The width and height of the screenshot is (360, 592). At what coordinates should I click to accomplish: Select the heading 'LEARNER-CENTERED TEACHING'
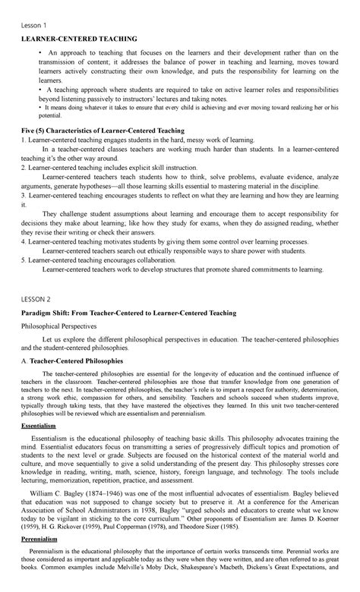79,38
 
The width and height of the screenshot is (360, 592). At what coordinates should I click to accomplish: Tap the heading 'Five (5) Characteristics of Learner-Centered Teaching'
112,131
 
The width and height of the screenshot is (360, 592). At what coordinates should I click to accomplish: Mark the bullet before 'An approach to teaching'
36,54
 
